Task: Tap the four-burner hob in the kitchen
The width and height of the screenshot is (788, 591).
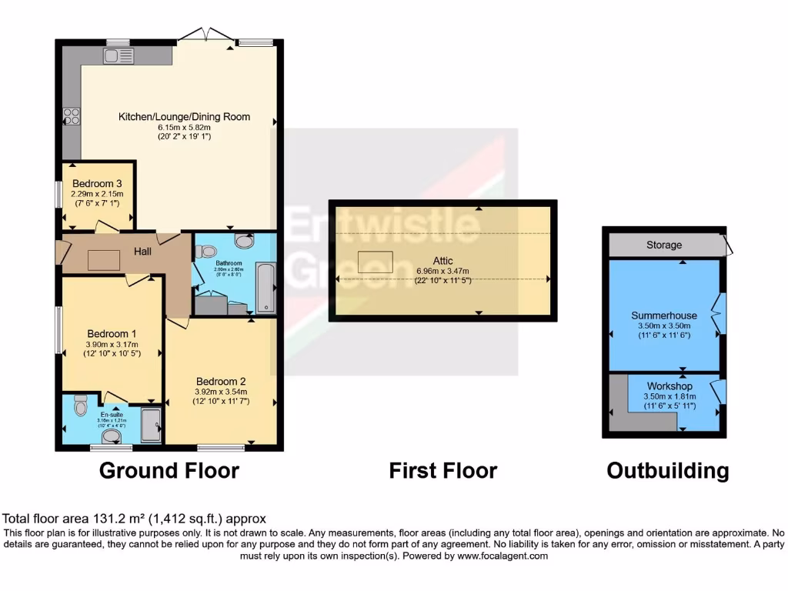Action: click(x=72, y=116)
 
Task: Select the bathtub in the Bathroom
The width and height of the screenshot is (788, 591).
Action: click(x=265, y=286)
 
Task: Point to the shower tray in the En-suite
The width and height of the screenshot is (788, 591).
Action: click(x=151, y=426)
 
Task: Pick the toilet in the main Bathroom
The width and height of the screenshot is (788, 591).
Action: click(x=206, y=251)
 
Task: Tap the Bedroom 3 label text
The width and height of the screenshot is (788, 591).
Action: click(x=98, y=183)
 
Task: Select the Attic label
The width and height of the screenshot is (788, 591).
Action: click(x=442, y=261)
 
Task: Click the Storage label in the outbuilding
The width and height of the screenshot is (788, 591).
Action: click(x=663, y=245)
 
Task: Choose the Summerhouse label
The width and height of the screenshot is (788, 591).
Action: click(x=664, y=316)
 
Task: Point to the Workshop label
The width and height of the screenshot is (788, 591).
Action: click(x=669, y=386)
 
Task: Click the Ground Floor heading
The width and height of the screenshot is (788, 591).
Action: click(x=169, y=470)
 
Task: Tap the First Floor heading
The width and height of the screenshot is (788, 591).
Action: click(x=442, y=470)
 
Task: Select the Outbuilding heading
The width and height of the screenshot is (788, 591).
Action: click(x=667, y=470)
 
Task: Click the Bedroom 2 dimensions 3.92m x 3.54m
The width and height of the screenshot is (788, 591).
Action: click(x=221, y=392)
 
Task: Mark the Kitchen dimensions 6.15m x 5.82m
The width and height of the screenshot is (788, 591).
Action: click(x=184, y=127)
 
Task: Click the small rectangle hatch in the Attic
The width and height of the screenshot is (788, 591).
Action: click(x=376, y=261)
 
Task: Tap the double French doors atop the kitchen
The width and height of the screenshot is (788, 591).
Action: click(x=203, y=35)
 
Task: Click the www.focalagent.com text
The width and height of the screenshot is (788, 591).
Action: click(x=502, y=556)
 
